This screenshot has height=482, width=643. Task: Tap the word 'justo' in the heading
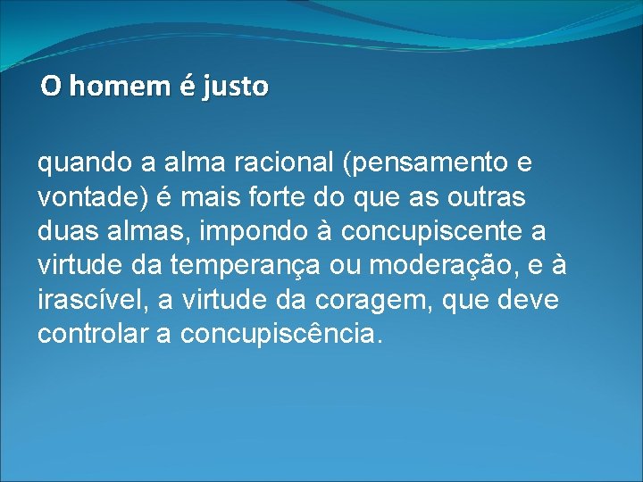click(x=235, y=87)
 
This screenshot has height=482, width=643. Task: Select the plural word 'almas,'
click(x=147, y=231)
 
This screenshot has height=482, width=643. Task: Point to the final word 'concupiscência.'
click(x=281, y=335)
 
